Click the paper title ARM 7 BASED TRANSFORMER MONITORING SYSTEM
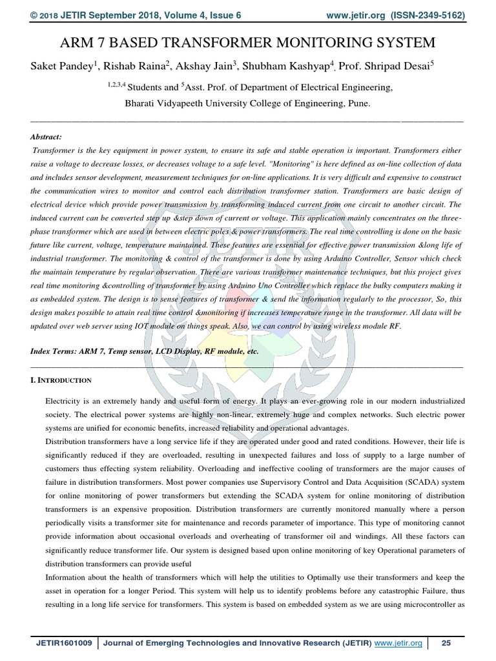pyautogui.click(x=247, y=43)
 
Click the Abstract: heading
pyautogui.click(x=46, y=137)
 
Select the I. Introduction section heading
pyautogui.click(x=61, y=380)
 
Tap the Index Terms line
pyautogui.click(x=145, y=351)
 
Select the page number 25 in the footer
pyautogui.click(x=446, y=643)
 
